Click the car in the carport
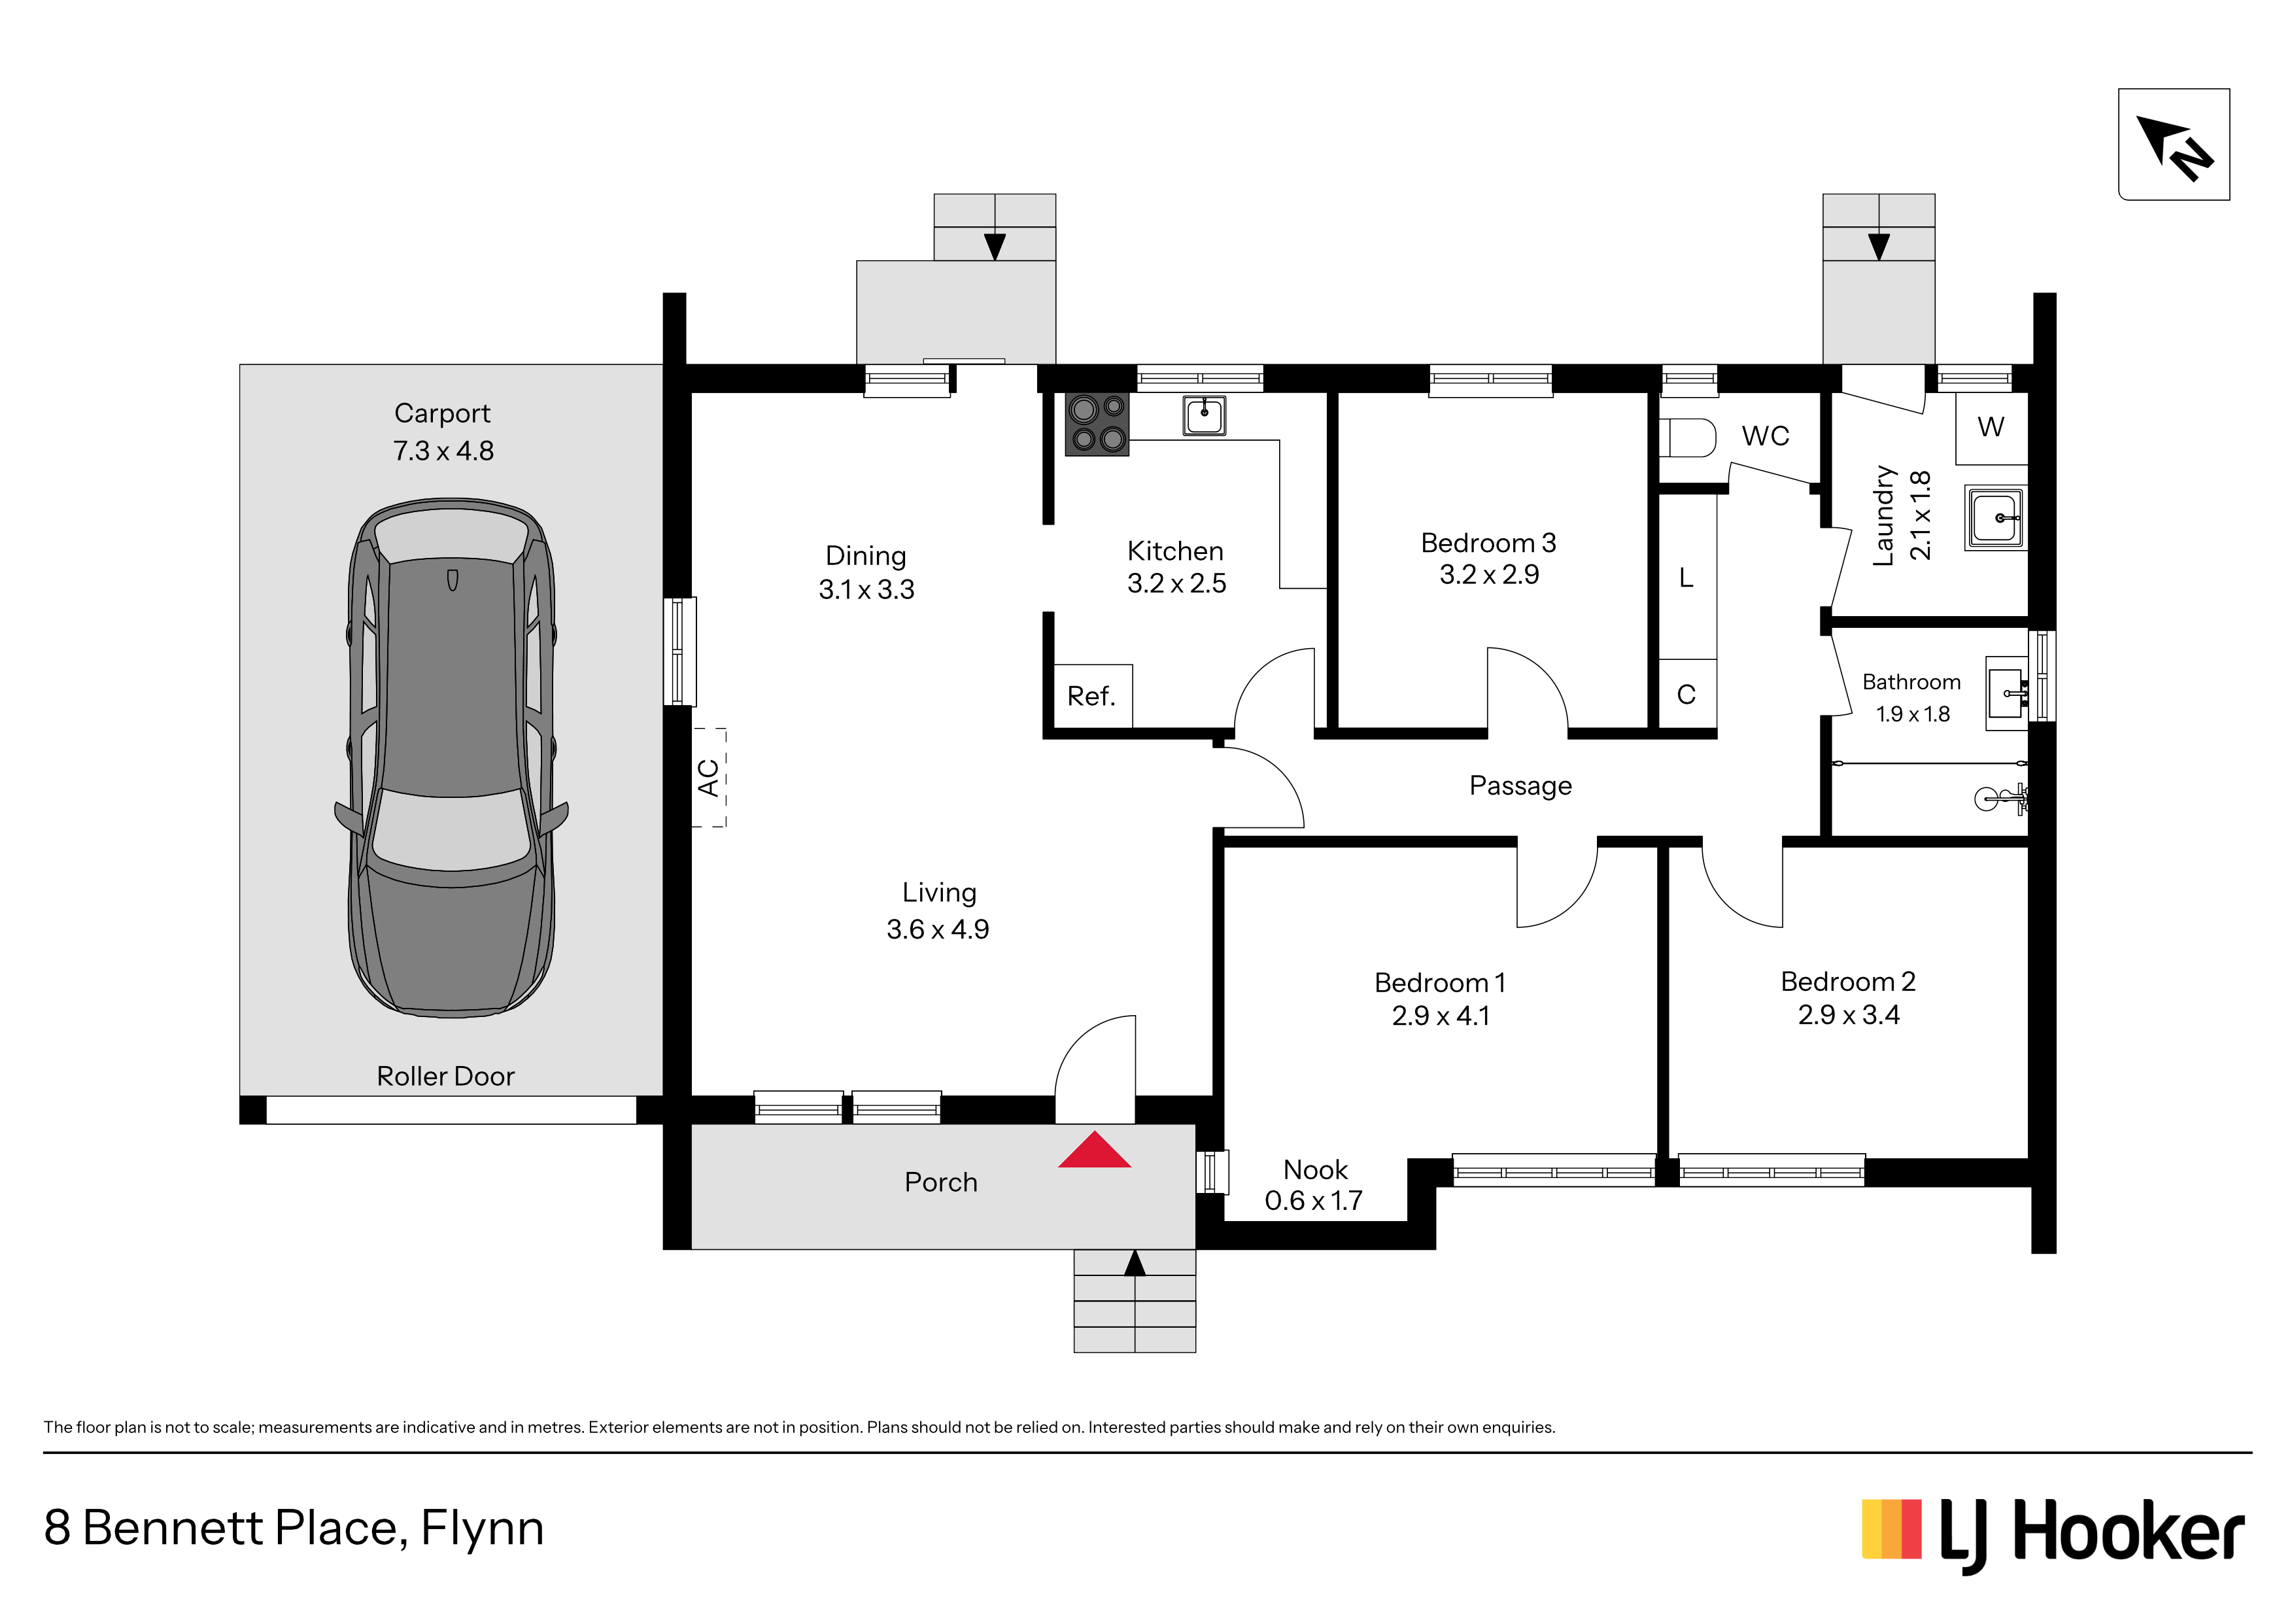coord(452,757)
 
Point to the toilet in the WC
coord(1688,437)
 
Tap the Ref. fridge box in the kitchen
coord(1093,696)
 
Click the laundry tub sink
coord(1995,518)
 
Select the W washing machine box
coord(1991,428)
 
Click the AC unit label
coord(708,778)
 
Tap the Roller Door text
coord(445,1077)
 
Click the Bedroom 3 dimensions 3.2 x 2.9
coord(1489,575)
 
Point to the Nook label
coord(1315,1169)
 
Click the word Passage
coord(1520,787)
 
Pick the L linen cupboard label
coord(1686,578)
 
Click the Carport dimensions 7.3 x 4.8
coord(443,451)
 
